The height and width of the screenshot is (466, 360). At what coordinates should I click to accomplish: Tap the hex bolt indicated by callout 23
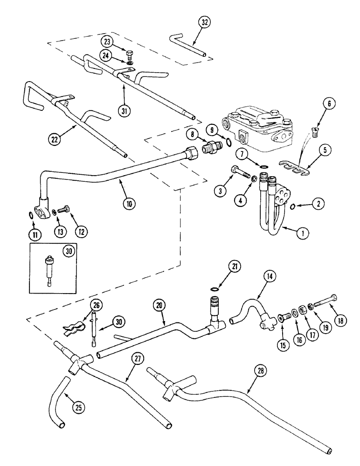point(130,51)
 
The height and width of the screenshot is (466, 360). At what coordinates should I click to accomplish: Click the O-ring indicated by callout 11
point(31,214)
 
